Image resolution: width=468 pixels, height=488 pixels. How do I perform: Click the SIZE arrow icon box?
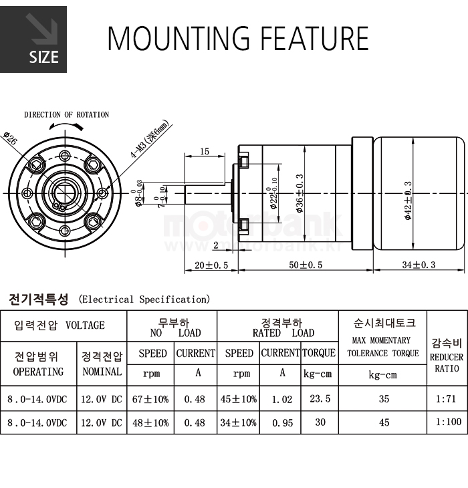point(33,39)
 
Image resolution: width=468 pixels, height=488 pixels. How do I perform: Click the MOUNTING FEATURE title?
point(238,39)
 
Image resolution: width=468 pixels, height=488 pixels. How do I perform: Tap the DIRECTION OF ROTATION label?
point(66,115)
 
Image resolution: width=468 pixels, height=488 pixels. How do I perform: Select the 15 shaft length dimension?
point(204,152)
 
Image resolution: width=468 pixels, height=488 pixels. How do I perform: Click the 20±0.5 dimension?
point(211,265)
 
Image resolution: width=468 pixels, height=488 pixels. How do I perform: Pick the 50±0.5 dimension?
point(306,265)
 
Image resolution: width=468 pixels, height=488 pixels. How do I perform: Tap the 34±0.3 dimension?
point(419,265)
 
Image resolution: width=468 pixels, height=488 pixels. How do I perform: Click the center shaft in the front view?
point(65,193)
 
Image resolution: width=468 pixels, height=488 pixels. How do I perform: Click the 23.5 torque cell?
point(320,399)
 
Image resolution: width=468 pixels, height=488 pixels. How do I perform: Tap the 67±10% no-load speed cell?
point(152,399)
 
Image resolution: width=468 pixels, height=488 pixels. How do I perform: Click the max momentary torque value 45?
point(383,422)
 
